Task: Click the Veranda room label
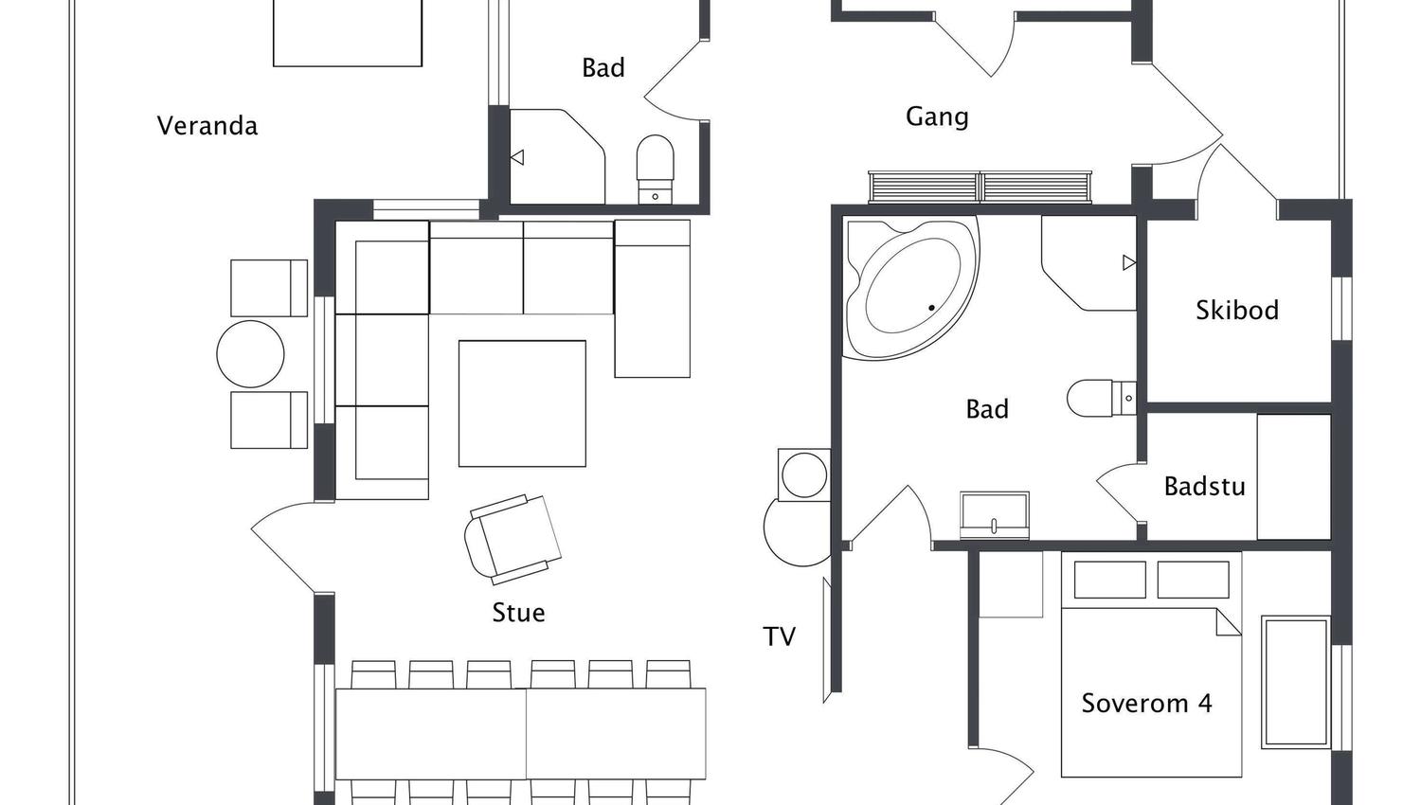(x=207, y=125)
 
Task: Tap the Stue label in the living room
(x=518, y=613)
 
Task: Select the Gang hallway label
(x=937, y=116)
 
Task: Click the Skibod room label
(x=1237, y=310)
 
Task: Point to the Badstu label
(x=1204, y=486)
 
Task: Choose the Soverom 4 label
(x=1146, y=703)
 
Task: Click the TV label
(x=780, y=636)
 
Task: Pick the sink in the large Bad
(x=994, y=515)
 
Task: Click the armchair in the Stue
(x=513, y=538)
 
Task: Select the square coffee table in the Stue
(x=522, y=403)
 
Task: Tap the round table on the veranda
(x=250, y=354)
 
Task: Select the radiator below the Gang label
(x=980, y=187)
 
